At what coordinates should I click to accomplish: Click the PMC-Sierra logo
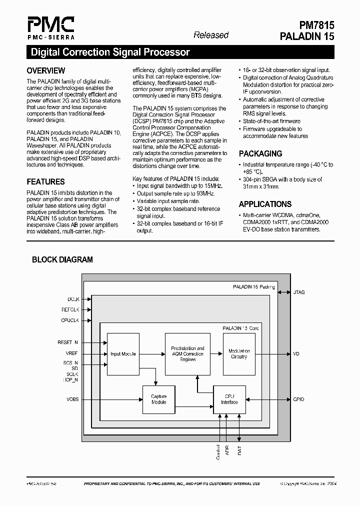click(x=51, y=28)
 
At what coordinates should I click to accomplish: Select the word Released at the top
click(x=211, y=35)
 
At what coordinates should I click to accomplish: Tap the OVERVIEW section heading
click(x=45, y=70)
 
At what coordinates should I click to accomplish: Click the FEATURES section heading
click(x=45, y=181)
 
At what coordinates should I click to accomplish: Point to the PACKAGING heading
click(x=260, y=153)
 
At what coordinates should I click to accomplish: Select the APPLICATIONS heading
click(x=265, y=204)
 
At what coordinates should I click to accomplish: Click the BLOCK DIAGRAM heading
click(x=62, y=259)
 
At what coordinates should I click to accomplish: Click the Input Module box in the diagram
click(x=123, y=354)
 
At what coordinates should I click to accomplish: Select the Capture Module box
click(x=159, y=399)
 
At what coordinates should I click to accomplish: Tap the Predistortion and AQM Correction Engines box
click(x=187, y=354)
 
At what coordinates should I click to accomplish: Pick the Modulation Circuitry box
click(x=239, y=354)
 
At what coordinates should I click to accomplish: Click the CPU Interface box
click(x=229, y=399)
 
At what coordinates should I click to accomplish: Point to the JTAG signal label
click(x=298, y=292)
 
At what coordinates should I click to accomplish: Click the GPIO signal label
click(x=298, y=399)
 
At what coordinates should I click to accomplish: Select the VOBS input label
click(x=72, y=399)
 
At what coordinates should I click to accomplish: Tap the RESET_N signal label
click(x=68, y=342)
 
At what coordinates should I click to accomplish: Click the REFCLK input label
click(x=70, y=310)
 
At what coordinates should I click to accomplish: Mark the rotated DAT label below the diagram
click(x=240, y=450)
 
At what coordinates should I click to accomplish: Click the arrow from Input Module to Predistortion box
click(x=152, y=354)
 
